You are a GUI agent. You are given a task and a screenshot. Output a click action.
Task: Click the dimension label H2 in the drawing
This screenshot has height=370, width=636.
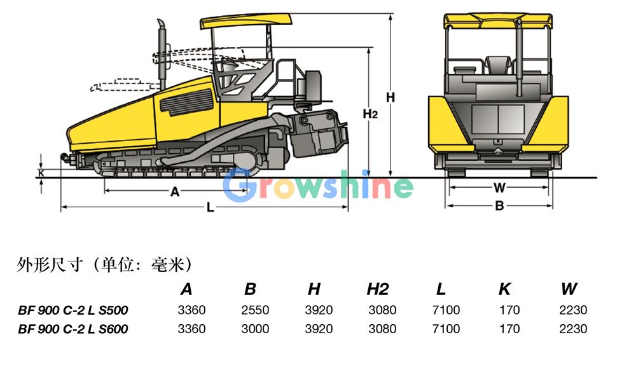370,114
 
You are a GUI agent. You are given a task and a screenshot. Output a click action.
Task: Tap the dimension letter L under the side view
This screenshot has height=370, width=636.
210,207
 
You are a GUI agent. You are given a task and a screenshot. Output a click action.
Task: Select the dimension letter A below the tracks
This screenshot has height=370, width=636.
175,191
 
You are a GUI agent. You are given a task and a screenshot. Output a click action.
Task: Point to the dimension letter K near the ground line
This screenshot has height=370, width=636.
41,173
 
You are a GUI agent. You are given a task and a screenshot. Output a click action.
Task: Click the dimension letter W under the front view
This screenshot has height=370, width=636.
499,188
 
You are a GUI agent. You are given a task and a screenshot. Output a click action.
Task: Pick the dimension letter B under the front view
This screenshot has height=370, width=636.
499,206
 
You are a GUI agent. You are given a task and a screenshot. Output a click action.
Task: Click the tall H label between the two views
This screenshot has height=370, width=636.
391,98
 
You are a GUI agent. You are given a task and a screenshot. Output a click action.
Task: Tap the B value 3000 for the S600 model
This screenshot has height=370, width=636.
255,329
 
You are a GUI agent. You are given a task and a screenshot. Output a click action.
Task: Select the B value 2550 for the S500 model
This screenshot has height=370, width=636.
255,310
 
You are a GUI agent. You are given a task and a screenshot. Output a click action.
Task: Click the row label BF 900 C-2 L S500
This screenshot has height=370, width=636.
73,310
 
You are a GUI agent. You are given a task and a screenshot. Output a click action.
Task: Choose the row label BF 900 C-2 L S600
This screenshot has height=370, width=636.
73,329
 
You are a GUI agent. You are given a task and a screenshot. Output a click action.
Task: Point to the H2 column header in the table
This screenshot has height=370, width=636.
378,289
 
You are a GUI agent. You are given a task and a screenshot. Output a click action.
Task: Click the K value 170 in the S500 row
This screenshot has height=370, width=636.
509,310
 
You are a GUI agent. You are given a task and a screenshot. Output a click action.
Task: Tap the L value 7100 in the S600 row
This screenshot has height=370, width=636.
446,329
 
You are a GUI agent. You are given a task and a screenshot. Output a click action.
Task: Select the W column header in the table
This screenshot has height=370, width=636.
569,289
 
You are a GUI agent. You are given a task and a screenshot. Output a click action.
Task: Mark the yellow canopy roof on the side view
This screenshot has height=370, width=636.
246,21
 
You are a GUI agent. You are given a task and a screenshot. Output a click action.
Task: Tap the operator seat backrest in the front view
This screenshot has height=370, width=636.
498,65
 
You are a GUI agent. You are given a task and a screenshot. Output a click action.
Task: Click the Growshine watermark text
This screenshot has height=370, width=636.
318,186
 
